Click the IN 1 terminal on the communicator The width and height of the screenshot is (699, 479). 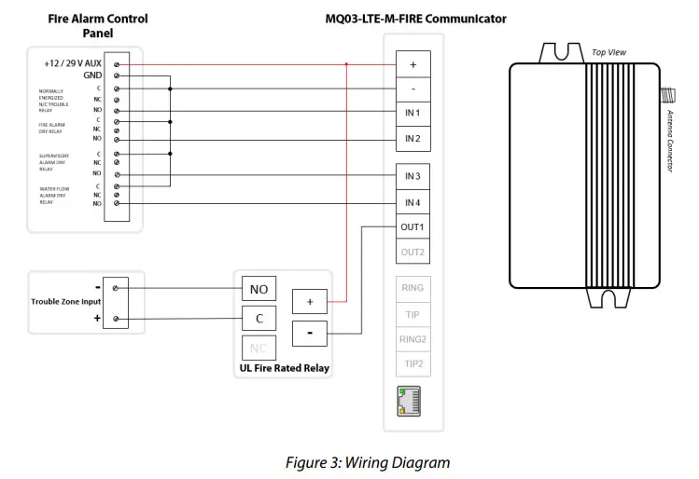point(412,114)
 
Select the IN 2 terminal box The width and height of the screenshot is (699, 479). point(412,139)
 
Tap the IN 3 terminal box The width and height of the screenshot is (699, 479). point(412,176)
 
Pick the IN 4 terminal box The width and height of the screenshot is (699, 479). point(412,202)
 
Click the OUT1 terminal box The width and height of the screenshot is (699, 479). point(412,227)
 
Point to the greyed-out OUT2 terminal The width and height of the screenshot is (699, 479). point(412,253)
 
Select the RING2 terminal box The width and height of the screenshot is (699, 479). point(412,339)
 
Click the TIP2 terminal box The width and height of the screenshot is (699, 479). point(412,364)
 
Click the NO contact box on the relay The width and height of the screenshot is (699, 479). point(259,289)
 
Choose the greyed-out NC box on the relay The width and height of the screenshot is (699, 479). point(259,349)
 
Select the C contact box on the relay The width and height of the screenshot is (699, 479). point(259,319)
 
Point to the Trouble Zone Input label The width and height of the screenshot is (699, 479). point(64,301)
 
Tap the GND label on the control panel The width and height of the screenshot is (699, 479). point(92,75)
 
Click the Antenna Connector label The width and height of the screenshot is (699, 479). point(670,141)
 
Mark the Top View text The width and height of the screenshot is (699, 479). point(608,53)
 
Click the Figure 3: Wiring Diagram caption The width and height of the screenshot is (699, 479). point(368,462)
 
